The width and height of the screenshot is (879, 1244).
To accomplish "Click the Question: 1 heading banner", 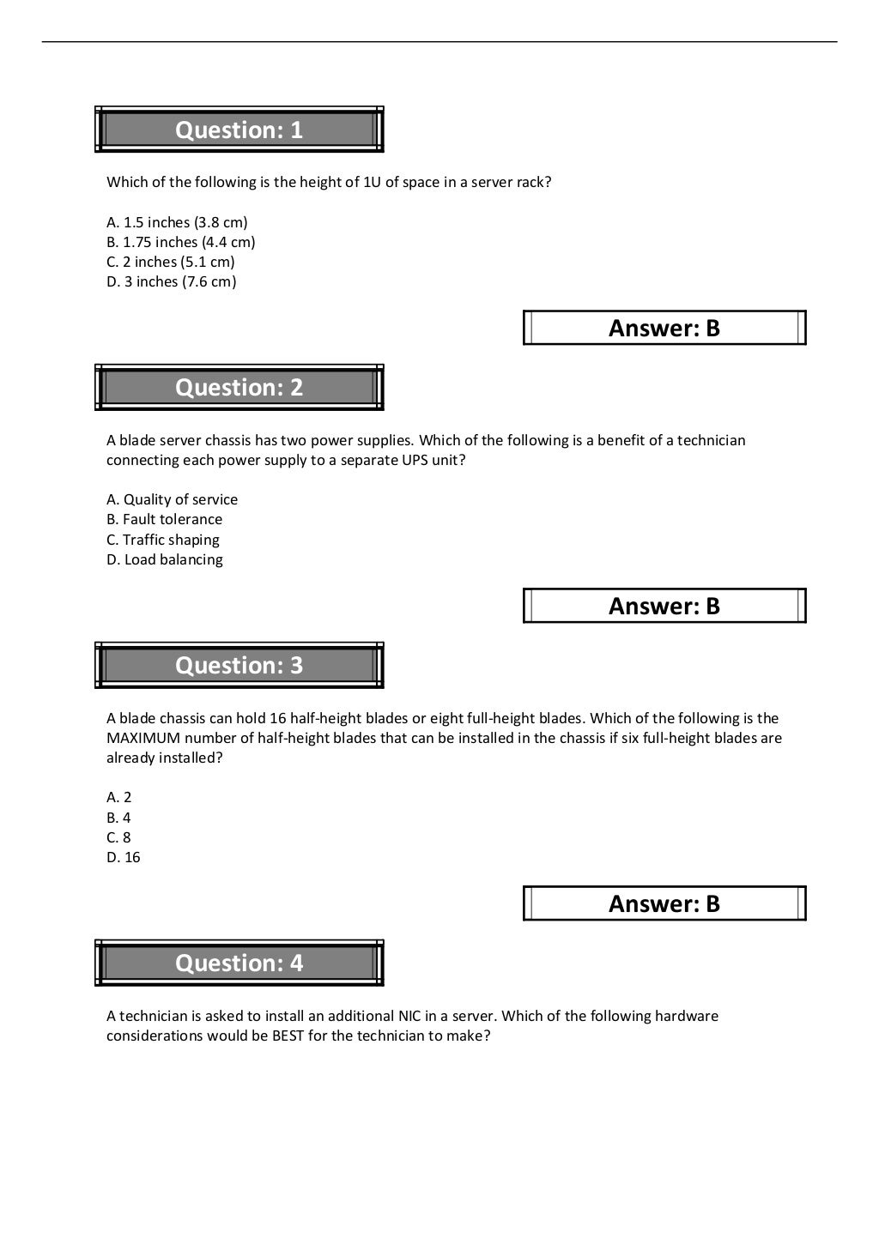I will [239, 130].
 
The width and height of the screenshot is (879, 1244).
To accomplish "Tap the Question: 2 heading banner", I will [239, 388].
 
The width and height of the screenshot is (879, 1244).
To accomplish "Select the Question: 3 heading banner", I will [239, 666].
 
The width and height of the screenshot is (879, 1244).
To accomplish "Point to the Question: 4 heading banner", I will [239, 963].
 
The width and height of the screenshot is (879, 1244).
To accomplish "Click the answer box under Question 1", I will [664, 328].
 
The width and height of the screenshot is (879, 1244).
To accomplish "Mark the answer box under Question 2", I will [664, 606].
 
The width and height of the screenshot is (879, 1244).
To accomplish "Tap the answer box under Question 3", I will [664, 903].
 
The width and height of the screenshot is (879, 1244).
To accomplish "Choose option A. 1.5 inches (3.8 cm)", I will [177, 222].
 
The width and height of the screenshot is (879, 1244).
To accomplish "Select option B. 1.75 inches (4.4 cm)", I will [180, 242].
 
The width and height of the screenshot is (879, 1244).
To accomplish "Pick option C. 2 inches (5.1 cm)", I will [170, 262].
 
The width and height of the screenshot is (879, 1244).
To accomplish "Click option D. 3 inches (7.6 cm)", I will [171, 281].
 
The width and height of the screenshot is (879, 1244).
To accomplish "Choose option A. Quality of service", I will [172, 499].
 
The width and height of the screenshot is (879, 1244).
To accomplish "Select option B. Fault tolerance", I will [164, 519].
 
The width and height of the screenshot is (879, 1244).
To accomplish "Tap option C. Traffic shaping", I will [162, 540].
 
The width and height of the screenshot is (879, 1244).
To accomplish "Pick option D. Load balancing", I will [164, 559].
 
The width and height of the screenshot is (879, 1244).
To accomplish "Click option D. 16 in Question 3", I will [123, 857].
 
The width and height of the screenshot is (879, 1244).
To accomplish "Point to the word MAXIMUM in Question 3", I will [143, 738].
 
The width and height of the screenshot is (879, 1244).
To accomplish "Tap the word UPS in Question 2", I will [416, 460].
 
